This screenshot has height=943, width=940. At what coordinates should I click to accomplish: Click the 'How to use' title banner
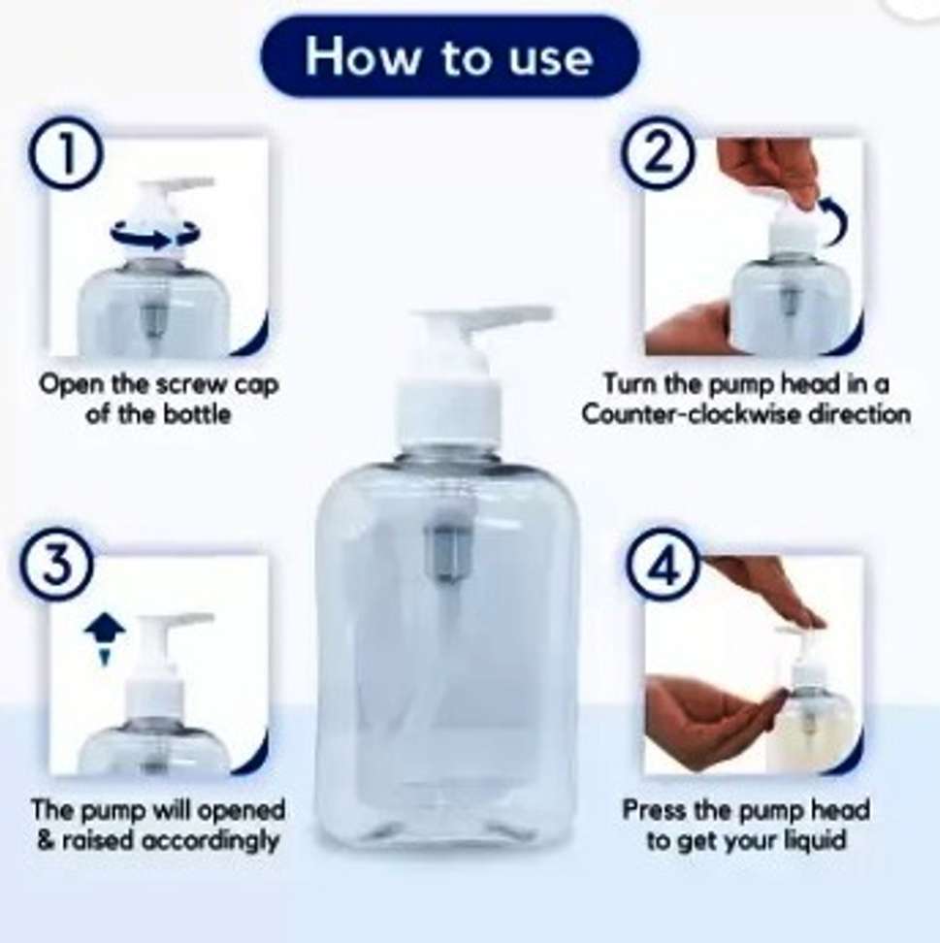click(450, 56)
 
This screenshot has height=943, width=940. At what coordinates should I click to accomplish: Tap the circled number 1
click(66, 152)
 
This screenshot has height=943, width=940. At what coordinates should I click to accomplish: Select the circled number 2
click(659, 152)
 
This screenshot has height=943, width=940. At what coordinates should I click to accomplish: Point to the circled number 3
click(56, 566)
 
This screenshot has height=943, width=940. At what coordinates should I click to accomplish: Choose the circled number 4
click(664, 566)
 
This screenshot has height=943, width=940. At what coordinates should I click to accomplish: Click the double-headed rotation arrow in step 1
click(155, 235)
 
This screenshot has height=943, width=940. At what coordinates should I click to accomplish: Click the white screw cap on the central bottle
click(448, 413)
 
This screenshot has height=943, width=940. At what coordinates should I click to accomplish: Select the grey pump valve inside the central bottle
click(448, 551)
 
